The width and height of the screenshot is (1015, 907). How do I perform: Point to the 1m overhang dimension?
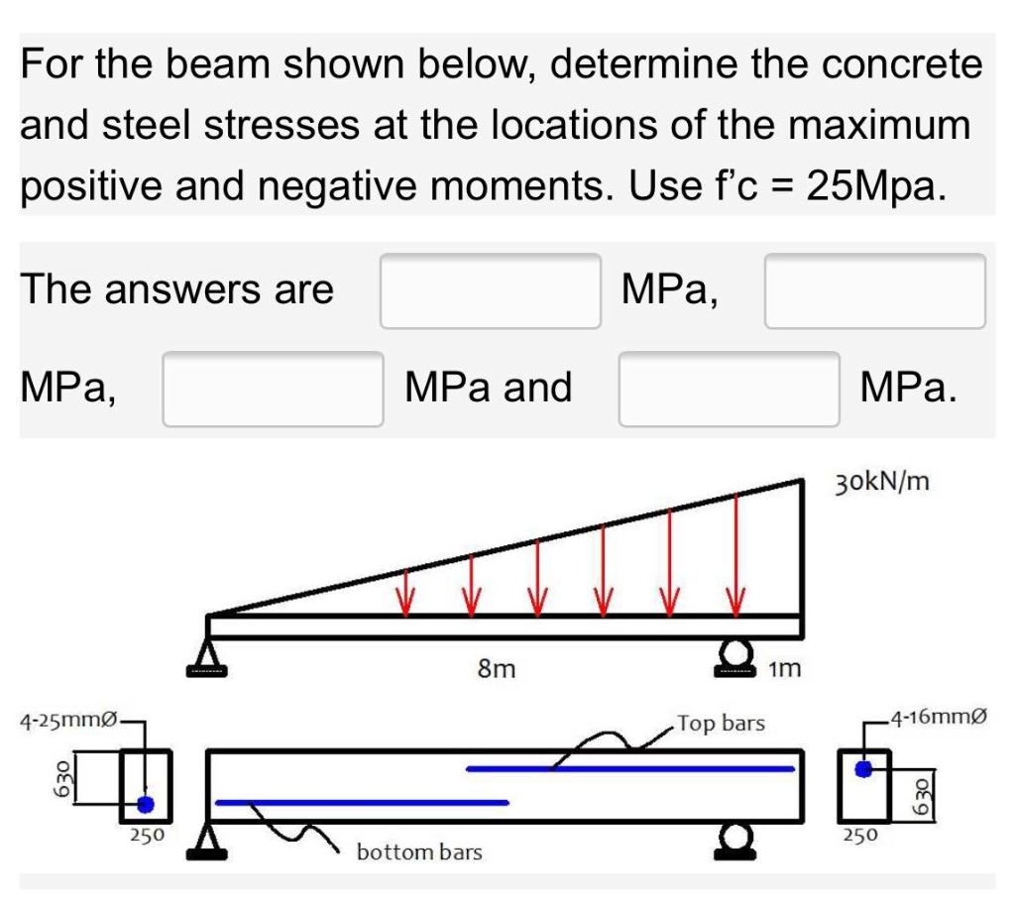coord(783,670)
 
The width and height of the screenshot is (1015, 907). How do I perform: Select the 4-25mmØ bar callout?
coord(67,718)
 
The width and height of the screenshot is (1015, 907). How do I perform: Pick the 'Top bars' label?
coord(722,724)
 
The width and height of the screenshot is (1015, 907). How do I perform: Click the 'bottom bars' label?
coord(419,852)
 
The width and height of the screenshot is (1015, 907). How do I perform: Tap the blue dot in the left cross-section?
coord(146,804)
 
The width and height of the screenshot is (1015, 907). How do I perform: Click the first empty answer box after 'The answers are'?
coord(491,290)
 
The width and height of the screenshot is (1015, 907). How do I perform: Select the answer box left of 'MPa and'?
coord(273,389)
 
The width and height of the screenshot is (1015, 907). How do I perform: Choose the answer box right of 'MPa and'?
coord(730,389)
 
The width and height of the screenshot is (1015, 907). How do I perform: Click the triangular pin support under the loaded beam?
coord(208,656)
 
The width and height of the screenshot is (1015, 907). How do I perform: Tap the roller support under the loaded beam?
coord(735,655)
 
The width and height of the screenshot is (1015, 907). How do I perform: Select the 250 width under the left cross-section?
coord(148,835)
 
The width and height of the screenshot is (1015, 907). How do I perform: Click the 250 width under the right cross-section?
coord(858,835)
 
